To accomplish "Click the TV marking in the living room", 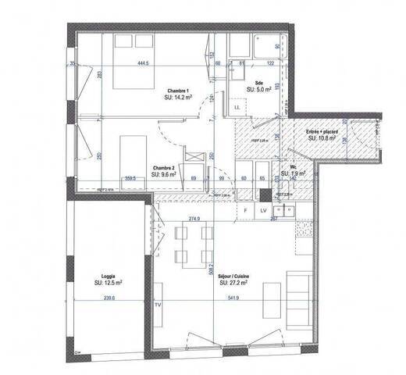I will pos(158,304).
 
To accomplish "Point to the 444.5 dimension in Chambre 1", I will pos(143,63).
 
